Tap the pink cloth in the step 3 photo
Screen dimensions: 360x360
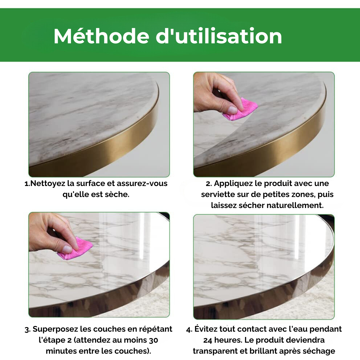[x=75, y=249]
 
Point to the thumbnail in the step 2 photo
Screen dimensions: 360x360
[x=232, y=110]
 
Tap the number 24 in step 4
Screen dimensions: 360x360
[x=208, y=340]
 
